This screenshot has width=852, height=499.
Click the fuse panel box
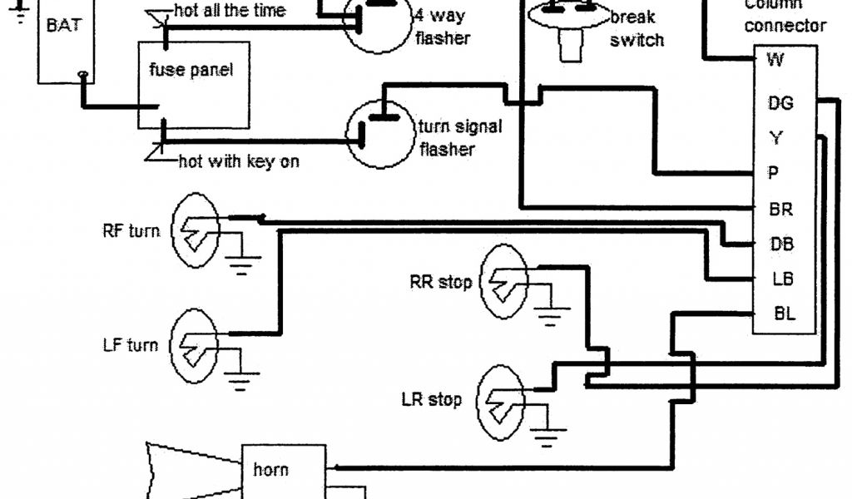[x=192, y=83]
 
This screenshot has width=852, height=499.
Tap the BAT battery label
[x=64, y=25]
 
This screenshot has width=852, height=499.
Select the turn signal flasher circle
[x=379, y=133]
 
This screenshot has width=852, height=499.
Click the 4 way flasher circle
[x=379, y=25]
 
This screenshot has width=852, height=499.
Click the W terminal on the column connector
[x=775, y=59]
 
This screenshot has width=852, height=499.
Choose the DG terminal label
[x=780, y=102]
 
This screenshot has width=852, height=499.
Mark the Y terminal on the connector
[x=775, y=137]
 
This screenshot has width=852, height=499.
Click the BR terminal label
[x=780, y=210]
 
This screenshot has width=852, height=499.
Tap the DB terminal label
[x=781, y=245]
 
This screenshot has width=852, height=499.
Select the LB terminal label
[x=780, y=279]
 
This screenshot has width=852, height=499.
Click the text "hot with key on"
[x=239, y=161]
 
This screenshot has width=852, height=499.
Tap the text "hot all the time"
[x=230, y=11]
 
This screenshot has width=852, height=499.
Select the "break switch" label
[x=637, y=28]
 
